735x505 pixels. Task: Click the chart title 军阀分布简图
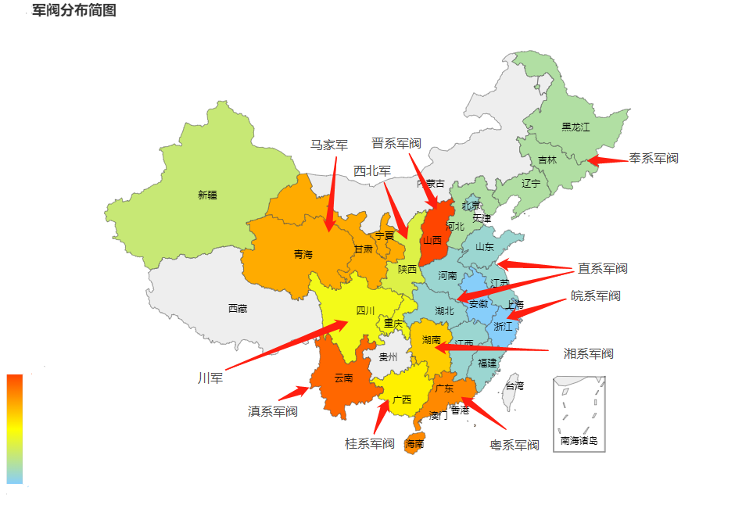(x=74, y=10)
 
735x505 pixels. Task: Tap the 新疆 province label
(x=207, y=195)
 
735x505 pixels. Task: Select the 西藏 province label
(x=238, y=309)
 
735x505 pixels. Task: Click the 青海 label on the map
(x=303, y=254)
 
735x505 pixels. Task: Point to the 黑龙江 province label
(x=575, y=127)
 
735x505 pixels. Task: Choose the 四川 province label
(x=365, y=311)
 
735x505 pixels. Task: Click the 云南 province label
(x=343, y=378)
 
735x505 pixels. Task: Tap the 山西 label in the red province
(x=432, y=240)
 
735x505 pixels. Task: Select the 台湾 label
(x=514, y=385)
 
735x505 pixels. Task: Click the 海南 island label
(x=414, y=444)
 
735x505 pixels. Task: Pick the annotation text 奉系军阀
(x=654, y=159)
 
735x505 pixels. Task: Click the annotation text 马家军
(x=329, y=145)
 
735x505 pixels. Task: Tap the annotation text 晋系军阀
(x=396, y=143)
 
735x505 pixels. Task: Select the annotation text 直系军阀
(x=603, y=269)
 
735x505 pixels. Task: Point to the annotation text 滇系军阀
(x=273, y=411)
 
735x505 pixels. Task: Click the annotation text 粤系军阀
(x=514, y=445)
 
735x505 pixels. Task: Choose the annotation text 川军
(x=210, y=378)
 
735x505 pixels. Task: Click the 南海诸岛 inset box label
(x=579, y=441)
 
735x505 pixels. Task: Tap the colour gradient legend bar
(x=15, y=429)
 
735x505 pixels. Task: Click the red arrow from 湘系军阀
(x=493, y=349)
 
